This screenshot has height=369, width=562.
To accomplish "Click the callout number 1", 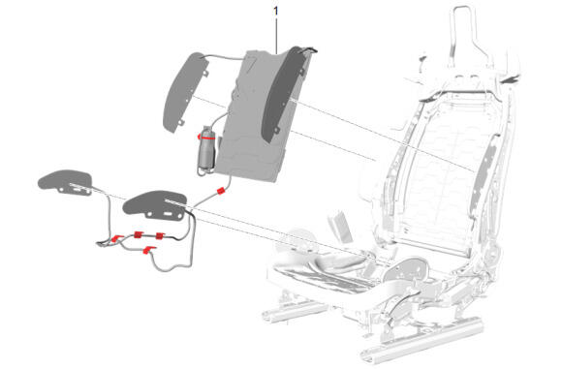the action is (275, 11).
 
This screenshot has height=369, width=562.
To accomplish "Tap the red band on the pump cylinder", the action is (206, 136).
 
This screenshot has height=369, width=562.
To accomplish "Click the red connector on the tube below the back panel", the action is (221, 191).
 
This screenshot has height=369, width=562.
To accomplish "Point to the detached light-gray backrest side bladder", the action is (184, 91).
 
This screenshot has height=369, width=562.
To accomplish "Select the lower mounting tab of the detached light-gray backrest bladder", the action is (181, 123).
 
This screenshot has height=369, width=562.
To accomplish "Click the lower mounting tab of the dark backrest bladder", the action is (276, 130).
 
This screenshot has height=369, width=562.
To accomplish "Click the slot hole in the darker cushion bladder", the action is (168, 214).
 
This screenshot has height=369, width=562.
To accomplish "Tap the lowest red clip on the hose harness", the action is (148, 250).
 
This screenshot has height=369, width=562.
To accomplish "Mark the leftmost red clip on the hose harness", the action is (116, 238).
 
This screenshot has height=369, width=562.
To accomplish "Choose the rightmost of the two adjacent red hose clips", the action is (160, 235).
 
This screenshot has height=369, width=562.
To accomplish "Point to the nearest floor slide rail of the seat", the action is (422, 337).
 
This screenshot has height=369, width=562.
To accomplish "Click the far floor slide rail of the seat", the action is (294, 311).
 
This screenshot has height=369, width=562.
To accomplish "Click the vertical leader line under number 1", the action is (276, 35).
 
